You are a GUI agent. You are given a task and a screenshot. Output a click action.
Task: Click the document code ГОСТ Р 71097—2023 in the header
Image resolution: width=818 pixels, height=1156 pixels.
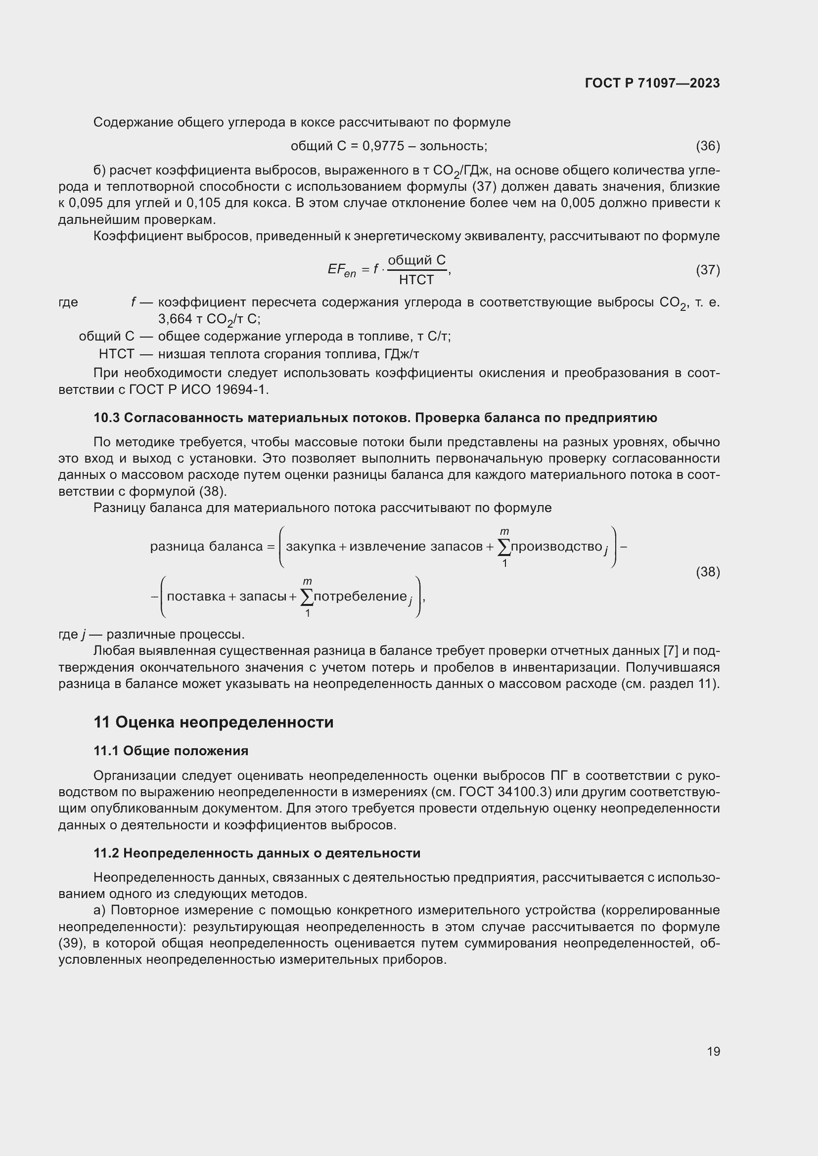click(652, 83)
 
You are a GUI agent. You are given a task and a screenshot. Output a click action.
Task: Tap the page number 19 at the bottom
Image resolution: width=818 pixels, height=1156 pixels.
click(713, 1051)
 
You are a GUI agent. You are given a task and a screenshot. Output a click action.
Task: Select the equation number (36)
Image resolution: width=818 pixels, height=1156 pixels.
click(708, 146)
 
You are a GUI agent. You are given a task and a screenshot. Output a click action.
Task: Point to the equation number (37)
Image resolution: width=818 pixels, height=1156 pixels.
click(708, 270)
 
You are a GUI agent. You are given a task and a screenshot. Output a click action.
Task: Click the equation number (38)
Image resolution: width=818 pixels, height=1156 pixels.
click(708, 571)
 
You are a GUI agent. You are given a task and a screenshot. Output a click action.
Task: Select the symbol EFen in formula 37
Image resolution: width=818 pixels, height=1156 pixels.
click(342, 270)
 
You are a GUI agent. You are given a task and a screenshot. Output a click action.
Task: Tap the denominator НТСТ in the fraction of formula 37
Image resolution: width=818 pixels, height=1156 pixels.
click(416, 280)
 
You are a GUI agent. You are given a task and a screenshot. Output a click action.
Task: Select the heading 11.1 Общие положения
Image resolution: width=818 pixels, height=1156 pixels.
click(171, 751)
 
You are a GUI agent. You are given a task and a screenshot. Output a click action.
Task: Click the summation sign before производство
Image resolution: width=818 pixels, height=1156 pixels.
click(503, 547)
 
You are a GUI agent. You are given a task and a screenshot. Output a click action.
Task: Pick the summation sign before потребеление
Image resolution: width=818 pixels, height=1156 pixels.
click(306, 597)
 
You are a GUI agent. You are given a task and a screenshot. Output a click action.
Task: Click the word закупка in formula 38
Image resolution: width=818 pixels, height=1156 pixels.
click(310, 546)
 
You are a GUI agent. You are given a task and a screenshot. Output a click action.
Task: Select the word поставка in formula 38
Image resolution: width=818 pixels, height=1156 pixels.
click(196, 597)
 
